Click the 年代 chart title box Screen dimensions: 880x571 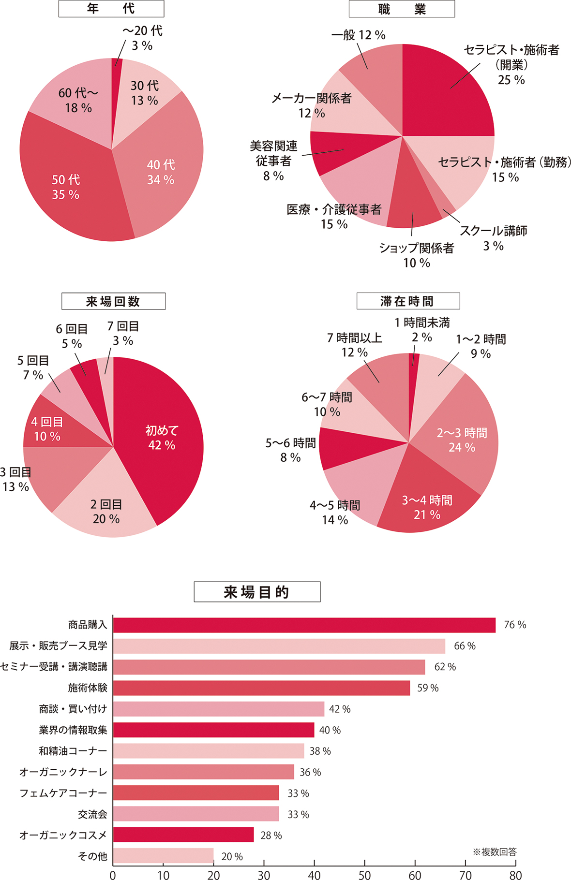pyautogui.click(x=111, y=9)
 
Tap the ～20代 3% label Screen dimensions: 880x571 pyautogui.click(x=142, y=38)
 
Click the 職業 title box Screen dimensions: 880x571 pyautogui.click(x=402, y=9)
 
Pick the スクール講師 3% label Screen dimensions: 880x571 pyautogui.click(x=493, y=238)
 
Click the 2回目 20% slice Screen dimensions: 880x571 pyautogui.click(x=106, y=511)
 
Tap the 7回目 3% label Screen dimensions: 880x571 pyautogui.click(x=123, y=334)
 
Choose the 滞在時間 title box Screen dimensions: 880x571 pyautogui.click(x=408, y=301)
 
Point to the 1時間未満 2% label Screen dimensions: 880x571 pyautogui.click(x=422, y=330)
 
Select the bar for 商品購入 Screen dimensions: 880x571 pyautogui.click(x=304, y=625)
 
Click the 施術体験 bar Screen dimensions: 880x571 pyautogui.click(x=261, y=688)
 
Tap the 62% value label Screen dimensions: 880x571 pyautogui.click(x=445, y=667)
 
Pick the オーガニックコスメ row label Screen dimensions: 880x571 pyautogui.click(x=63, y=835)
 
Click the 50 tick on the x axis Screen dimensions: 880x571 pyautogui.click(x=364, y=874)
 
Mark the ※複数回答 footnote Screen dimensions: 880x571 pyautogui.click(x=495, y=852)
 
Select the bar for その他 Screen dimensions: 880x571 pyautogui.click(x=163, y=856)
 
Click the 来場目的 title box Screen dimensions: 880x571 pyautogui.click(x=257, y=592)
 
